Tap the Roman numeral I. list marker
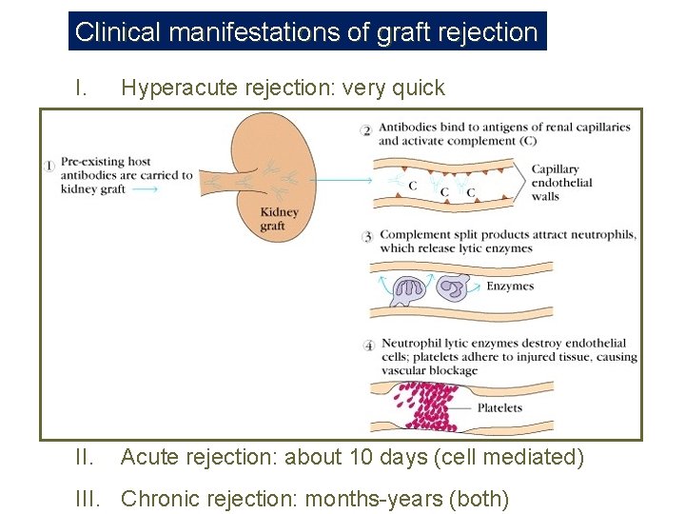(x=82, y=89)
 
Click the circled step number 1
(x=49, y=165)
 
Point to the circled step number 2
(x=366, y=129)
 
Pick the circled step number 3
(x=367, y=235)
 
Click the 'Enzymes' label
(x=510, y=286)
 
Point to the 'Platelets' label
(x=500, y=408)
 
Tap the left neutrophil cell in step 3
(x=409, y=291)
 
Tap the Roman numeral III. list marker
(x=88, y=498)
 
